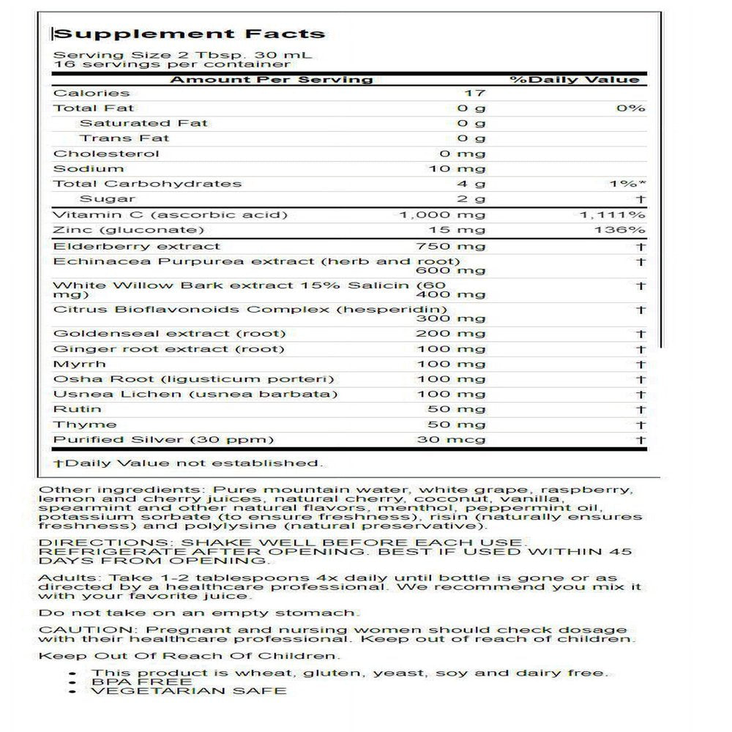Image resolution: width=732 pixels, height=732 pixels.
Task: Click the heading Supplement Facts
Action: pos(190,34)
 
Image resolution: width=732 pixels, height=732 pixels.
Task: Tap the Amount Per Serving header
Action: pos(272,79)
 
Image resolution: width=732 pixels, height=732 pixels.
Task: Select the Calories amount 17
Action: pos(475,93)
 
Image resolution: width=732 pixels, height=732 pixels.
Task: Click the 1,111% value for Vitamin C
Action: pos(612,214)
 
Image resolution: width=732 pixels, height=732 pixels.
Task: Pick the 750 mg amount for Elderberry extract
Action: pos(450,246)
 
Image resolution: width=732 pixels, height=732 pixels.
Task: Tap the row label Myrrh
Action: pos(80,364)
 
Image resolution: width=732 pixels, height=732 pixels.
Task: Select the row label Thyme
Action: pos(85,425)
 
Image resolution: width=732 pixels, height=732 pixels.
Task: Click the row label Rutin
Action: pos(78,409)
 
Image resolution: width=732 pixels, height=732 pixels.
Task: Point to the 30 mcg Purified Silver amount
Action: pos(451,440)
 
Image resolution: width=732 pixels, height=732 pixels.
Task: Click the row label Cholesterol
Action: pos(106,154)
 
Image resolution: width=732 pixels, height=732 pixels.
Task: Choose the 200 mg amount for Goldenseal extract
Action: pos(450,333)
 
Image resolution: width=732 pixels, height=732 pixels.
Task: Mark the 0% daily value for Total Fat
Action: pos(631,108)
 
